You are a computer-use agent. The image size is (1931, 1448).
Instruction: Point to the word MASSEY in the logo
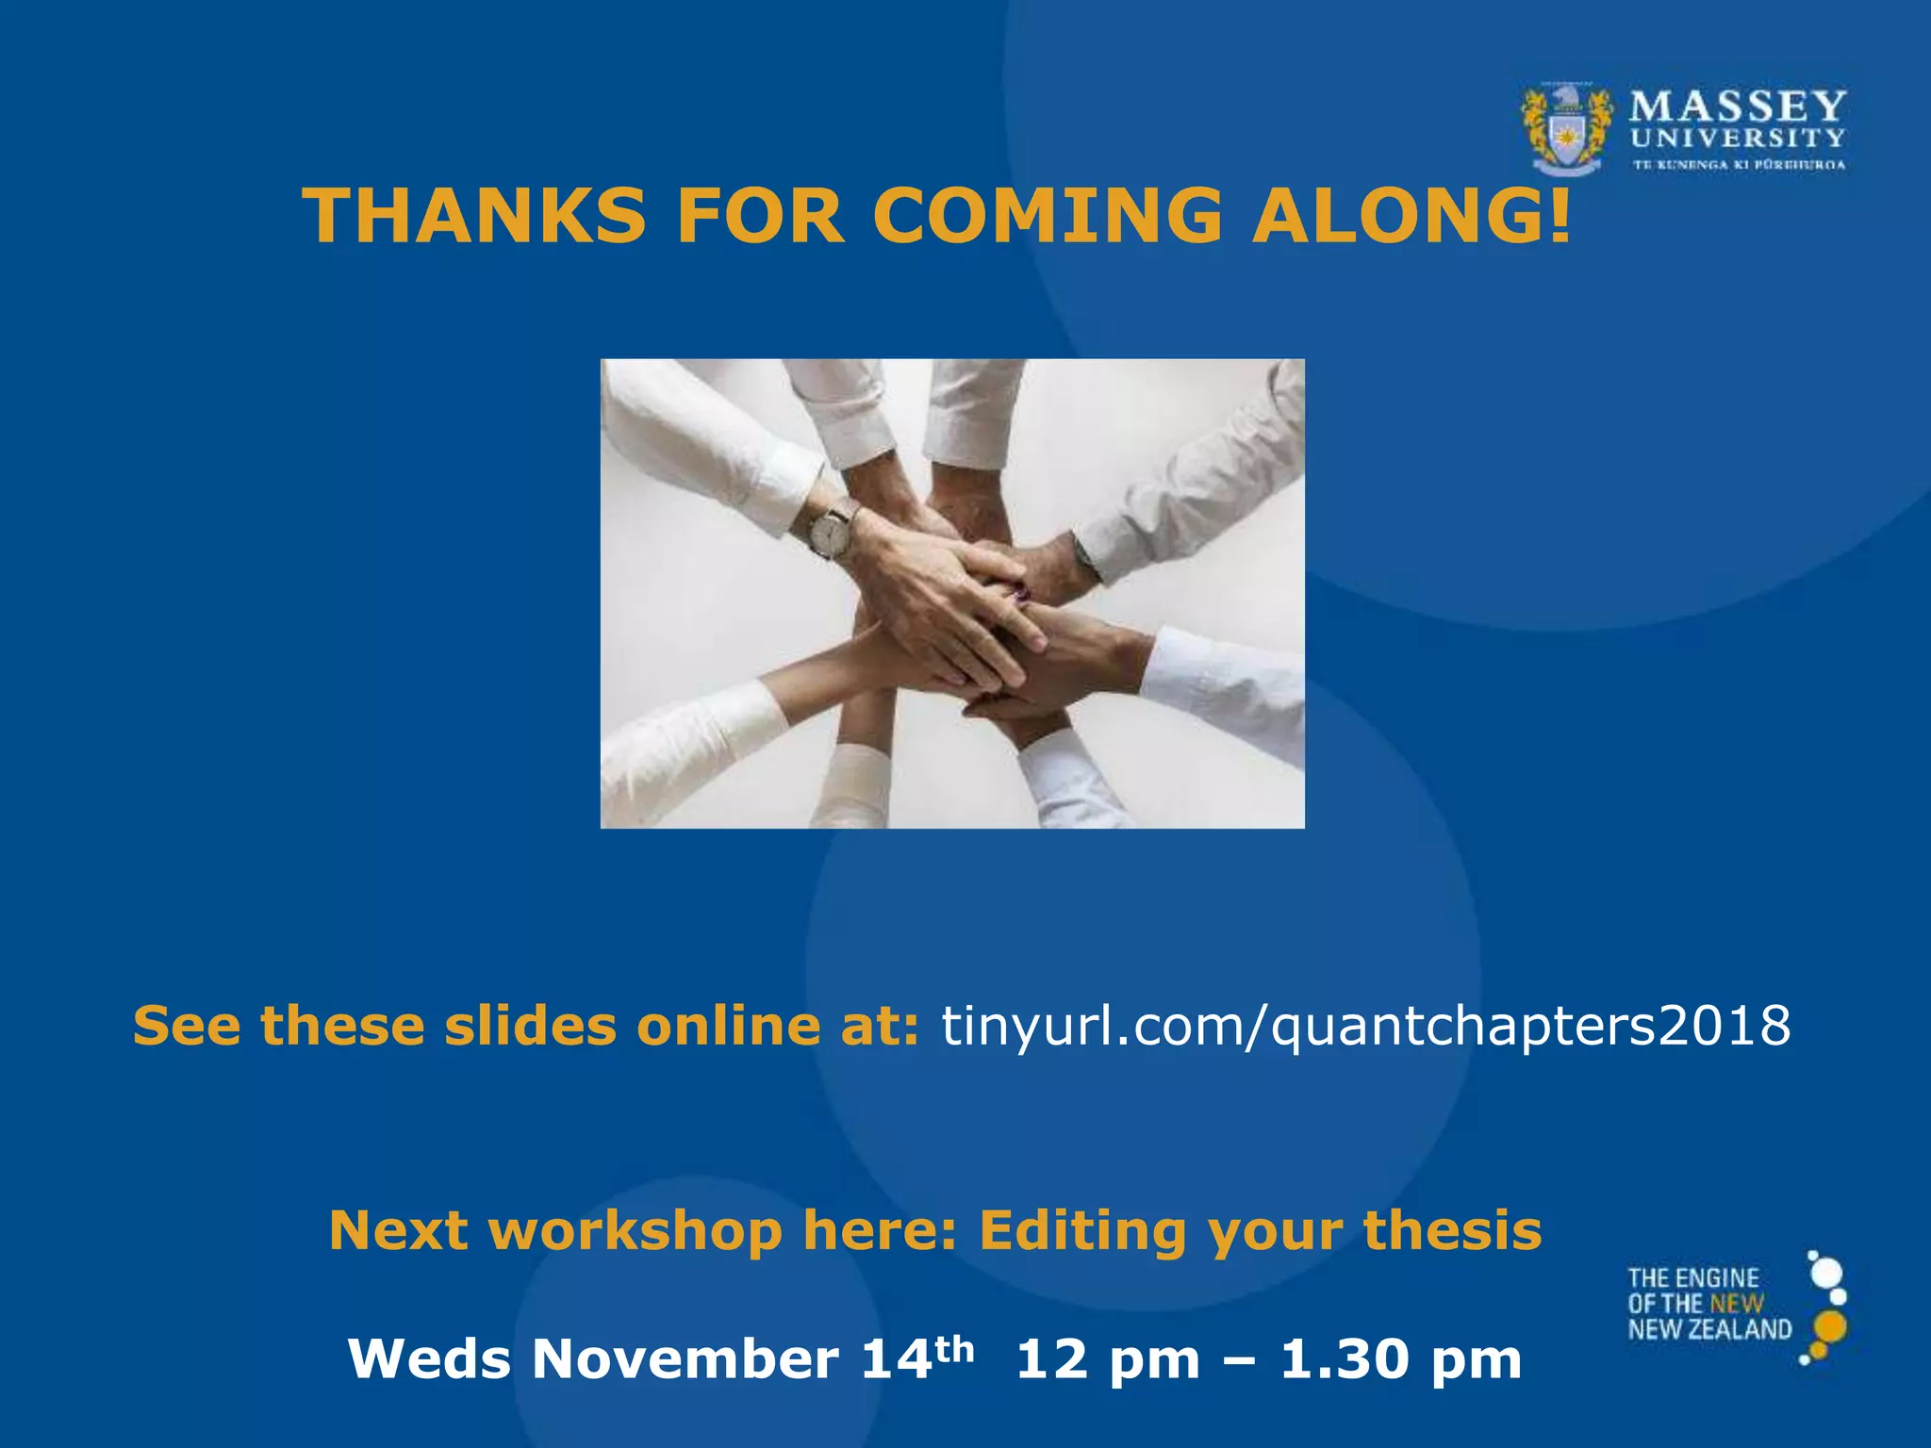click(1738, 107)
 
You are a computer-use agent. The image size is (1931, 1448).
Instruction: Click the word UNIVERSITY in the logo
click(1738, 139)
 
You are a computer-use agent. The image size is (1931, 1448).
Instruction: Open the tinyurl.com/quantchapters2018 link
click(1365, 1026)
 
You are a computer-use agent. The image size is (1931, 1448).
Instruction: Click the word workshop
click(635, 1231)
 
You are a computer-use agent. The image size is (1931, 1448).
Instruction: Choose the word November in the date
click(685, 1359)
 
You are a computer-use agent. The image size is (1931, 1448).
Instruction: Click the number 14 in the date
click(897, 1359)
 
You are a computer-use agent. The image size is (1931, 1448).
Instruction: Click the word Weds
click(430, 1359)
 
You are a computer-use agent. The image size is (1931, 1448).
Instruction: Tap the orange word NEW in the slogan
click(1737, 1305)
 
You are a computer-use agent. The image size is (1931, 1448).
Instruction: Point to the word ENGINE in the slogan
click(1720, 1279)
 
